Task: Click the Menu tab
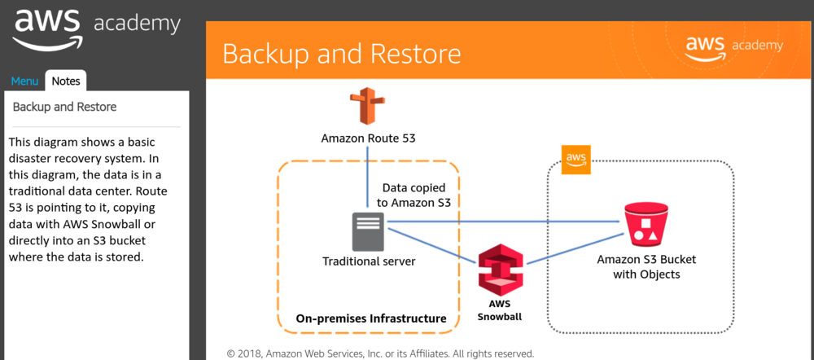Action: point(24,81)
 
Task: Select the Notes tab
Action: point(66,81)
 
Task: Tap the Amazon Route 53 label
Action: point(368,138)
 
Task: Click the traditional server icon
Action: point(368,230)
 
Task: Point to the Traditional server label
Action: point(369,261)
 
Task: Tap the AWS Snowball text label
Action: point(500,310)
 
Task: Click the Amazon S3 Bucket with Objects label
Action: point(646,267)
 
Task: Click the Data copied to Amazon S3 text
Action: point(415,194)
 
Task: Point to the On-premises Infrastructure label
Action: point(371,318)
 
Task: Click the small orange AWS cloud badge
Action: point(575,158)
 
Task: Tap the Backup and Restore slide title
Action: point(341,54)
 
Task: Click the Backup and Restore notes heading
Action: point(64,107)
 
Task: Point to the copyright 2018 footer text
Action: point(380,353)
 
